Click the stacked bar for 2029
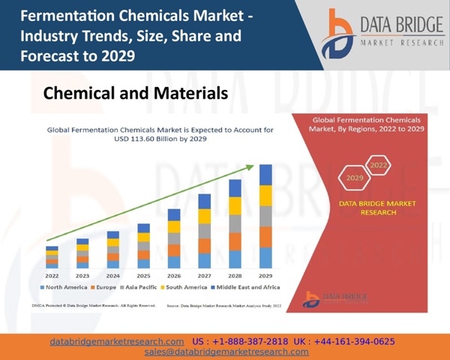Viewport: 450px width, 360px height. pos(265,217)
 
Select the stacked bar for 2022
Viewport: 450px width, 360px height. pos(52,257)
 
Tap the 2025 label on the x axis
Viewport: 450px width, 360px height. pos(143,276)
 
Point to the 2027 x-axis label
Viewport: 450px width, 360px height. pos(205,276)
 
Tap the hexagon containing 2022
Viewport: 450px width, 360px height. pos(378,164)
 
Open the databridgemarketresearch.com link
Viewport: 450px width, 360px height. pos(116,341)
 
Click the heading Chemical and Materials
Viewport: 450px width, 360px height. pos(135,94)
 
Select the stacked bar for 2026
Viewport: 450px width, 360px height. pos(174,238)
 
